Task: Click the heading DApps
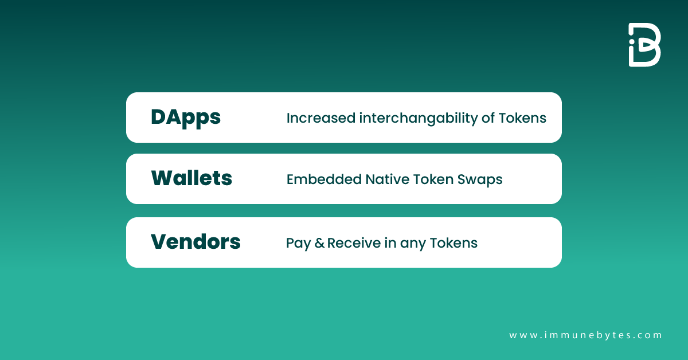(185, 118)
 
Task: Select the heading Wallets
(191, 179)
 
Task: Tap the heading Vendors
(196, 242)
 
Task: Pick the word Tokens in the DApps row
(522, 118)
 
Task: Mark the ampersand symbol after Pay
(319, 243)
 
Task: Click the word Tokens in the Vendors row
(454, 242)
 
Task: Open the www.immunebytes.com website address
(585, 335)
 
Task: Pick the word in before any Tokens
(390, 242)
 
